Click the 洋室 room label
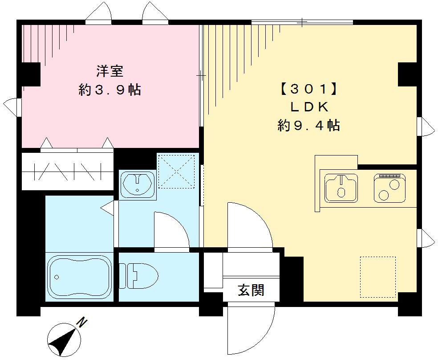pos(109,71)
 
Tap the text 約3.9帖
pos(109,90)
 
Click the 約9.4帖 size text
pos(308,126)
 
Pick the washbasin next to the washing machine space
pos(138,184)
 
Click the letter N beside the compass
pos(81,322)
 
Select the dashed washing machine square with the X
pos(177,172)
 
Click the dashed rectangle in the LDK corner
pos(377,277)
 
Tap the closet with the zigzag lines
pos(67,172)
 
